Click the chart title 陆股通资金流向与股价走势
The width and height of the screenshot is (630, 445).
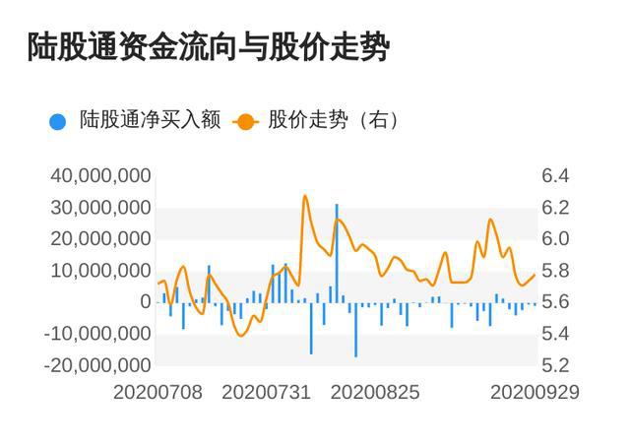pos(209,47)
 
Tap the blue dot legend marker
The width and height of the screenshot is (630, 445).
pos(57,121)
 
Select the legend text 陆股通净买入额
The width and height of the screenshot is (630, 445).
pos(151,120)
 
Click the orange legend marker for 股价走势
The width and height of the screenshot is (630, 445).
pos(245,121)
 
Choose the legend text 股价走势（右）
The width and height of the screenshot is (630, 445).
pos(334,120)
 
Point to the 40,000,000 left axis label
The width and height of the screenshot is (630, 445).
pos(100,176)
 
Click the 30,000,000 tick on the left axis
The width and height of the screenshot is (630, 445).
pos(100,208)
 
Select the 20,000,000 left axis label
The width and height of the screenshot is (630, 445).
pos(100,239)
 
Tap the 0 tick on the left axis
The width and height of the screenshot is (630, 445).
pos(146,302)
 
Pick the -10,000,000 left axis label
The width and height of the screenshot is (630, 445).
pos(97,334)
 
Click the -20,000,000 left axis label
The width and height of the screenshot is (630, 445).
pos(97,365)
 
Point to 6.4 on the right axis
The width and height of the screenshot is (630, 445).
pos(555,176)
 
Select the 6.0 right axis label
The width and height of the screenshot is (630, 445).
pos(555,239)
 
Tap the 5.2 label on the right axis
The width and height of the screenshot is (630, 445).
pos(555,365)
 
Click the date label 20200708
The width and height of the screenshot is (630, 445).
pos(157,392)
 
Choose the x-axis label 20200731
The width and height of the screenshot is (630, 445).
pos(267,392)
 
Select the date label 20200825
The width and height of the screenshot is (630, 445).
pos(375,392)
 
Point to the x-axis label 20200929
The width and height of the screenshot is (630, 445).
pos(535,392)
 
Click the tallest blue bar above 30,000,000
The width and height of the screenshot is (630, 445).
pos(337,253)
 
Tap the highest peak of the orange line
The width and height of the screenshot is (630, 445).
pos(305,196)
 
